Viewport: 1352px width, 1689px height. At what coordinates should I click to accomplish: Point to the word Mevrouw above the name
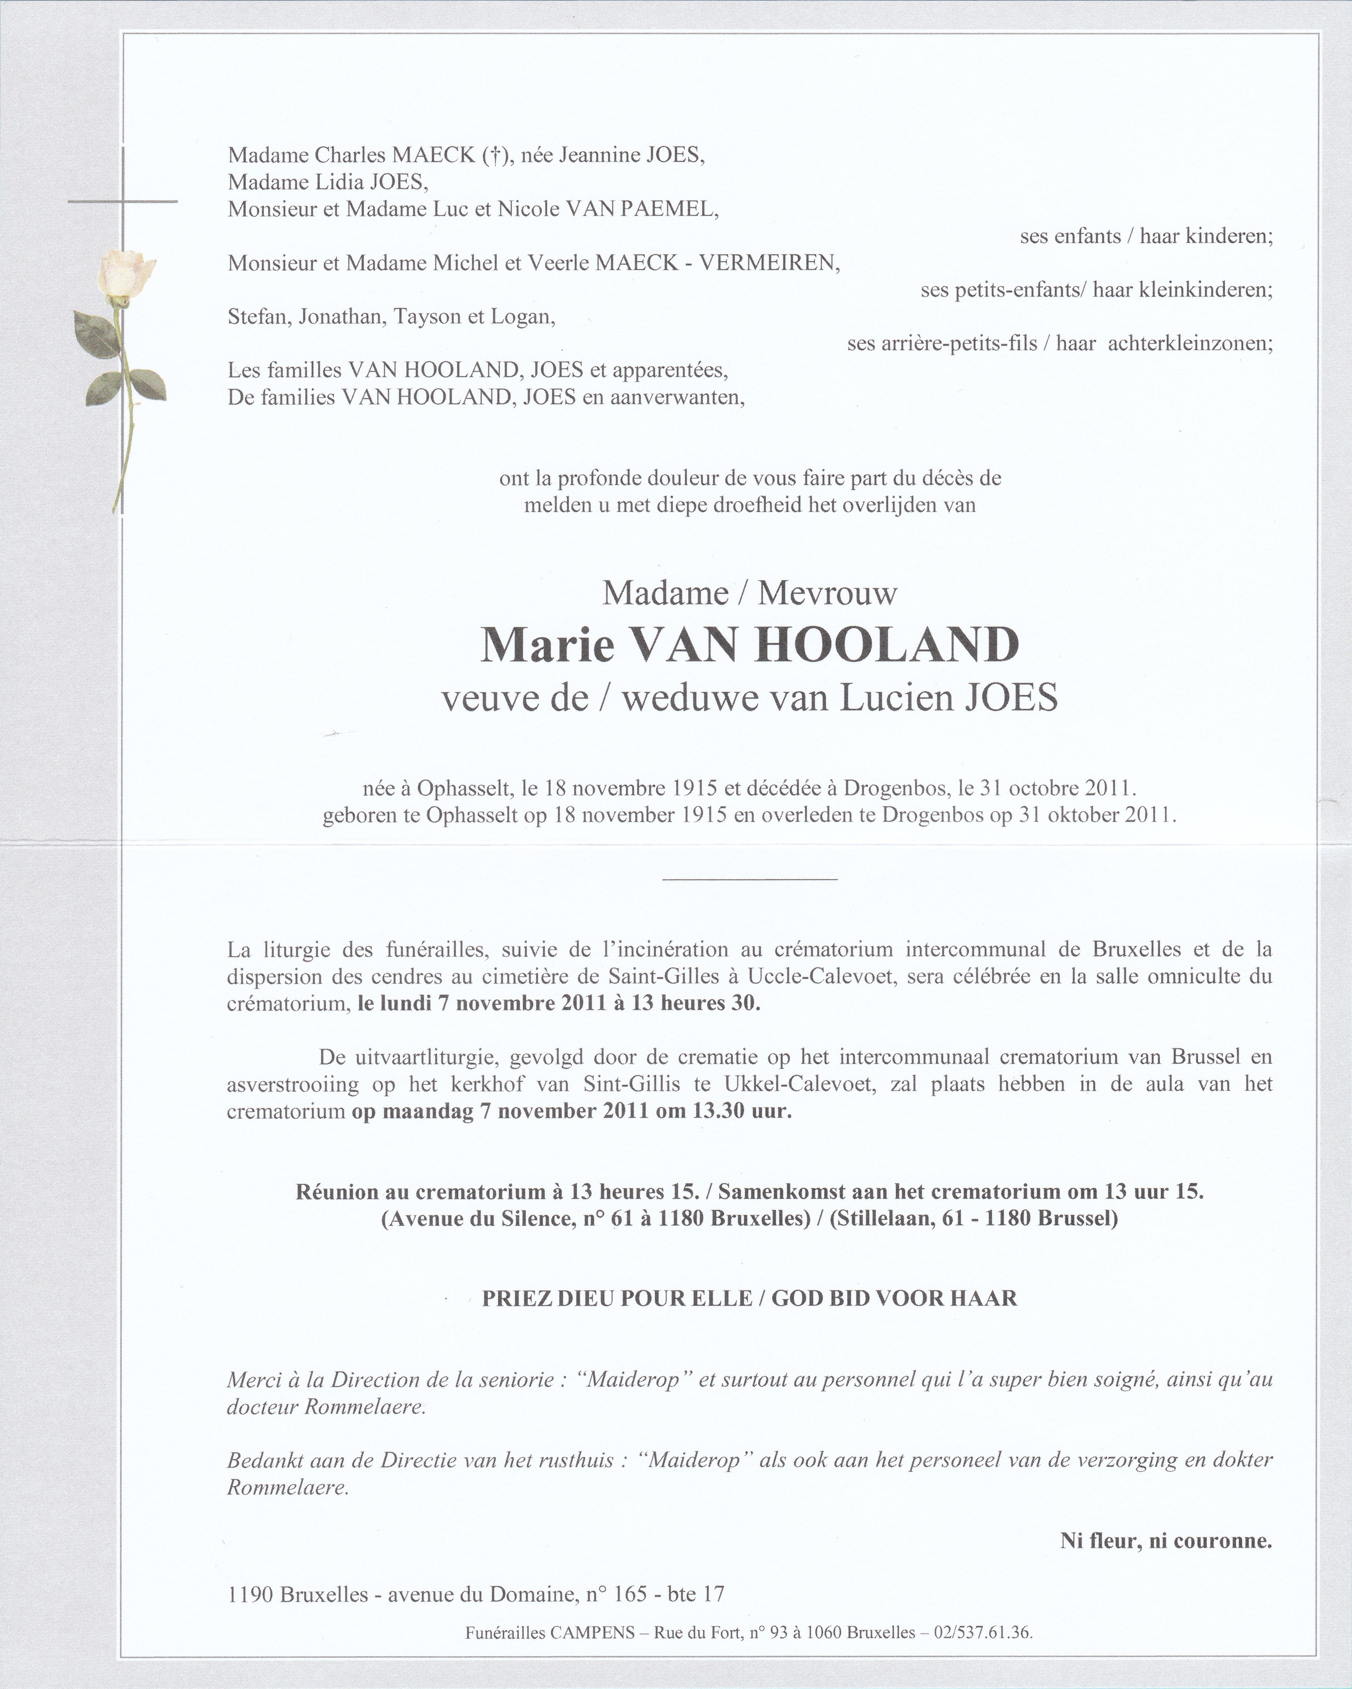pyautogui.click(x=826, y=594)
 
